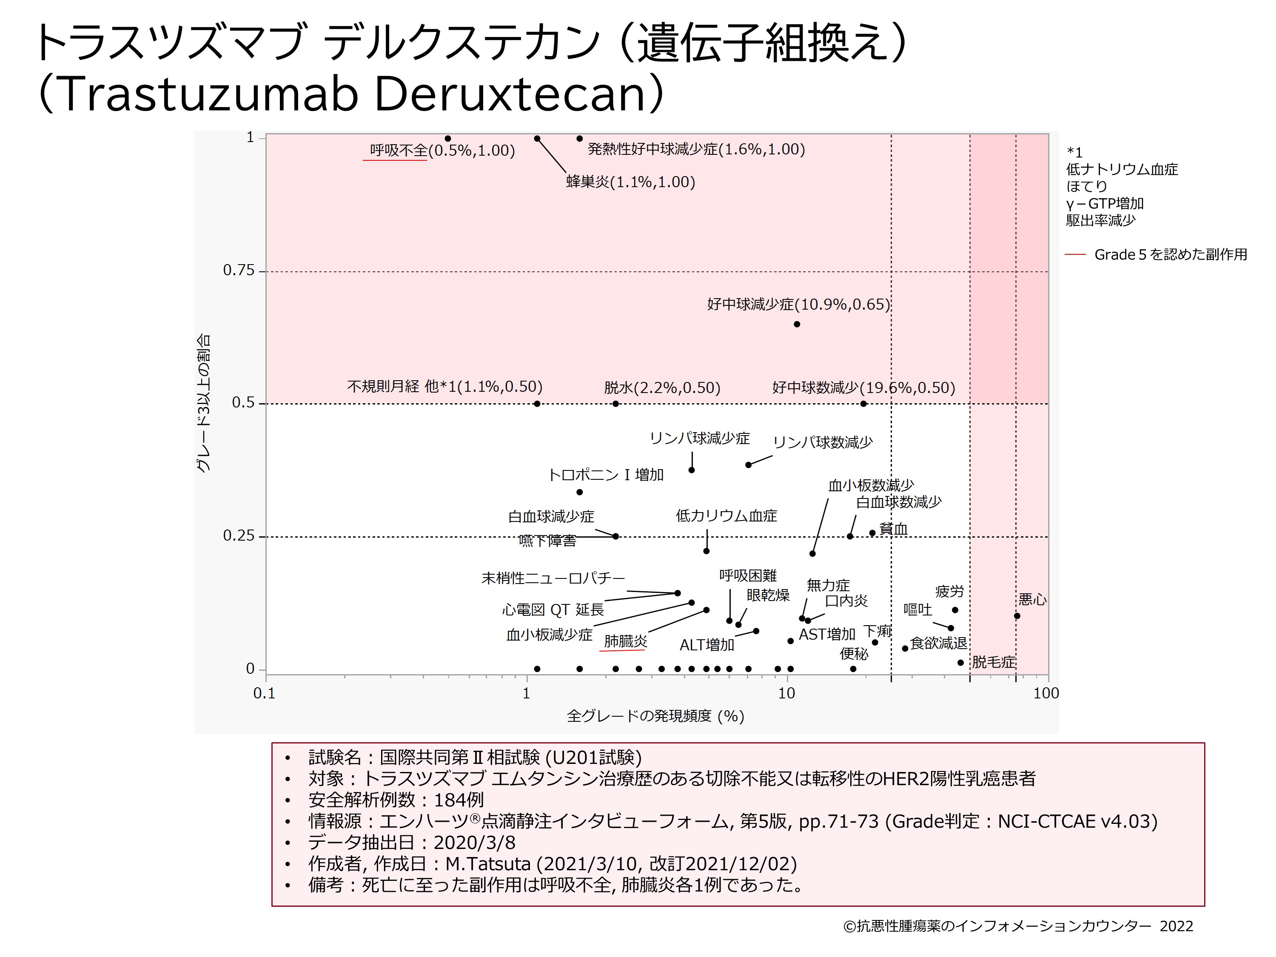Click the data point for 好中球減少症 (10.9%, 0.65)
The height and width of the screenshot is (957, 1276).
tap(797, 324)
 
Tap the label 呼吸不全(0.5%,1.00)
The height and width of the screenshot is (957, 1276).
tap(442, 151)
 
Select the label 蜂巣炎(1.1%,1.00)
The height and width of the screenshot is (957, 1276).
tap(630, 182)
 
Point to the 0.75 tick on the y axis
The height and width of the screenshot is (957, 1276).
tap(238, 271)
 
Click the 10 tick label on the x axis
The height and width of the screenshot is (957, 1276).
tap(786, 693)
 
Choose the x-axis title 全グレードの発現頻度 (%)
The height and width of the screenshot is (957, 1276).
tap(655, 716)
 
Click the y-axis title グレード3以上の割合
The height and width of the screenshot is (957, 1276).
tap(203, 403)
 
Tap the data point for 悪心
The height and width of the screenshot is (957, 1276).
tap(1017, 616)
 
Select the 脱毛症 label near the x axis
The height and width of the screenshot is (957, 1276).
tap(993, 662)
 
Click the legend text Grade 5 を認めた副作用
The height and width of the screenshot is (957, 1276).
tap(1171, 254)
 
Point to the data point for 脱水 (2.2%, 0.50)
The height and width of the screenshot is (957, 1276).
tap(615, 404)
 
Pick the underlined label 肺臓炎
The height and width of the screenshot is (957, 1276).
tap(625, 641)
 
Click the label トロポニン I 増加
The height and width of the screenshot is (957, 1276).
tap(606, 475)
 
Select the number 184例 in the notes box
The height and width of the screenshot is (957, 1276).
tap(459, 800)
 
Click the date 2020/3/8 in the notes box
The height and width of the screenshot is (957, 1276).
tap(474, 842)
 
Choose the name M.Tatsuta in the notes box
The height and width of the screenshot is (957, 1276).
tap(488, 863)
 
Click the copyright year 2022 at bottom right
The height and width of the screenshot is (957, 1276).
tap(1176, 926)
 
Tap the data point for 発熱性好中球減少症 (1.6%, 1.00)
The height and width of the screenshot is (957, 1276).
tap(580, 138)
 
